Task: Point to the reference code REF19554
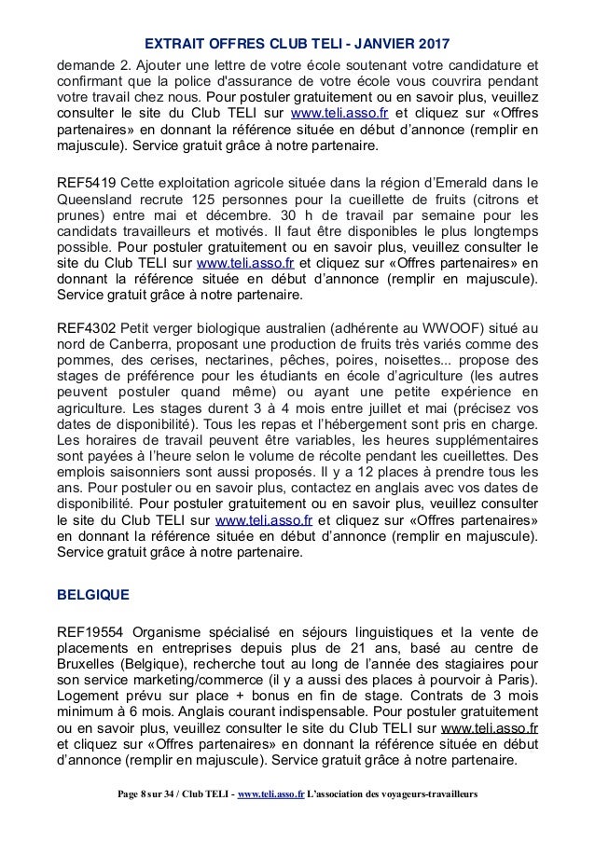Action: click(93, 627)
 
